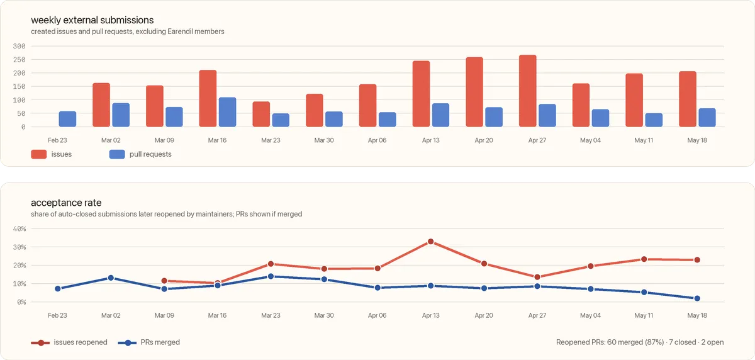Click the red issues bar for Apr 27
528,91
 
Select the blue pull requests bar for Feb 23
67,119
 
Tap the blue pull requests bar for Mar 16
228,112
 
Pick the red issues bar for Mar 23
261,114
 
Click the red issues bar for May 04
581,105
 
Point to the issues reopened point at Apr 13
431,242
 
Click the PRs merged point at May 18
697,298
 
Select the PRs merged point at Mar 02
111,278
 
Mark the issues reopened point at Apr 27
537,277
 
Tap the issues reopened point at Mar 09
164,281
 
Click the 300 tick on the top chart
20,46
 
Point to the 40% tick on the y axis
20,229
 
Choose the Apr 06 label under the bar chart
377,140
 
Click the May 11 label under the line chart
644,315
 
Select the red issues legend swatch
39,154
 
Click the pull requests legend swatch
117,154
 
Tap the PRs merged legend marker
127,343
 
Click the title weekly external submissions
92,20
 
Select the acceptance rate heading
66,203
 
